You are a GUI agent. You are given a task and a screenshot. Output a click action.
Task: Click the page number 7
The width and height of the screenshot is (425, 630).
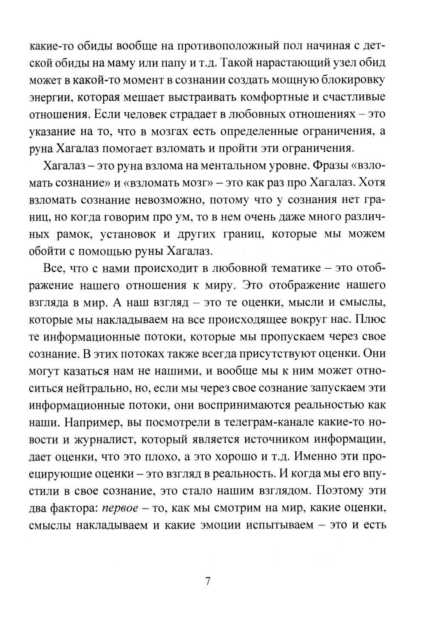pyautogui.click(x=208, y=582)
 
